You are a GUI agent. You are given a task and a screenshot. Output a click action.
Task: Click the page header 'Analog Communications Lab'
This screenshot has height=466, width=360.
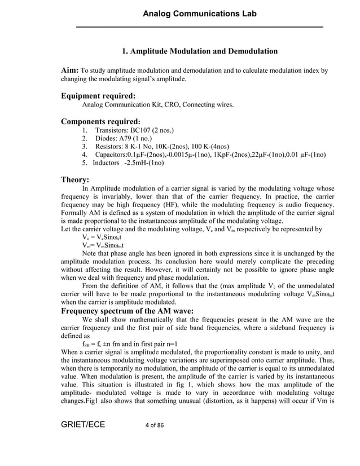200,13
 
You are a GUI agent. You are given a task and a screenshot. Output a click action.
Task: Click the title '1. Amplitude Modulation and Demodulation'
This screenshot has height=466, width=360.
200,51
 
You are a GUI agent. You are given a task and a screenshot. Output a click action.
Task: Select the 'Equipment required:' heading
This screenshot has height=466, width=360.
98,96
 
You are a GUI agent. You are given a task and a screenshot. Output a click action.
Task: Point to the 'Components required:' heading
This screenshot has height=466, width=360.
100,121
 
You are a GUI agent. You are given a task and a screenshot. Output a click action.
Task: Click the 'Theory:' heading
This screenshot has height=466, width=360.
75,180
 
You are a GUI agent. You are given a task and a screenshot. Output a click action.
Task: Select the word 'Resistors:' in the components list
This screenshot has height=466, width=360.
110,147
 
